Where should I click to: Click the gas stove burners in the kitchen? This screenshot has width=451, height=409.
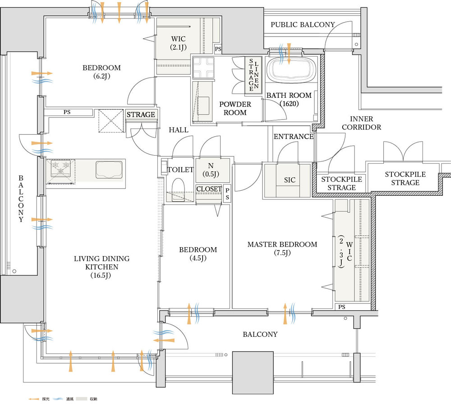point(60,170)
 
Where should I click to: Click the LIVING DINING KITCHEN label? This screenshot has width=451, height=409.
point(101,267)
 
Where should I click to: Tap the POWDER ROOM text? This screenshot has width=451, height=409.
point(235,108)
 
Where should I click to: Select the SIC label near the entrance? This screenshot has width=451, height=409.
point(290,180)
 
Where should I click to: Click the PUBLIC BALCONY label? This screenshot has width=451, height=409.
point(303,25)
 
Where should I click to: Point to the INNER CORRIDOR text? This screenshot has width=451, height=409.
point(361,123)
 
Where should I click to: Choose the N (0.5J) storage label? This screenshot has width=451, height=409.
point(211,169)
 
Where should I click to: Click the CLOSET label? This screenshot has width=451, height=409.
point(209,189)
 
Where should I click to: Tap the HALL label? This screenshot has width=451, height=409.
point(178,130)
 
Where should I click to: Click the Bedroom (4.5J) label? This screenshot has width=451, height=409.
point(198,253)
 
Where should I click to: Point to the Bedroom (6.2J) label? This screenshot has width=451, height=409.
point(101,72)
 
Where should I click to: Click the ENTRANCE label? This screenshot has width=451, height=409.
point(293,137)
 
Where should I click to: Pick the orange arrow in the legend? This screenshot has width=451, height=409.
point(33,399)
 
